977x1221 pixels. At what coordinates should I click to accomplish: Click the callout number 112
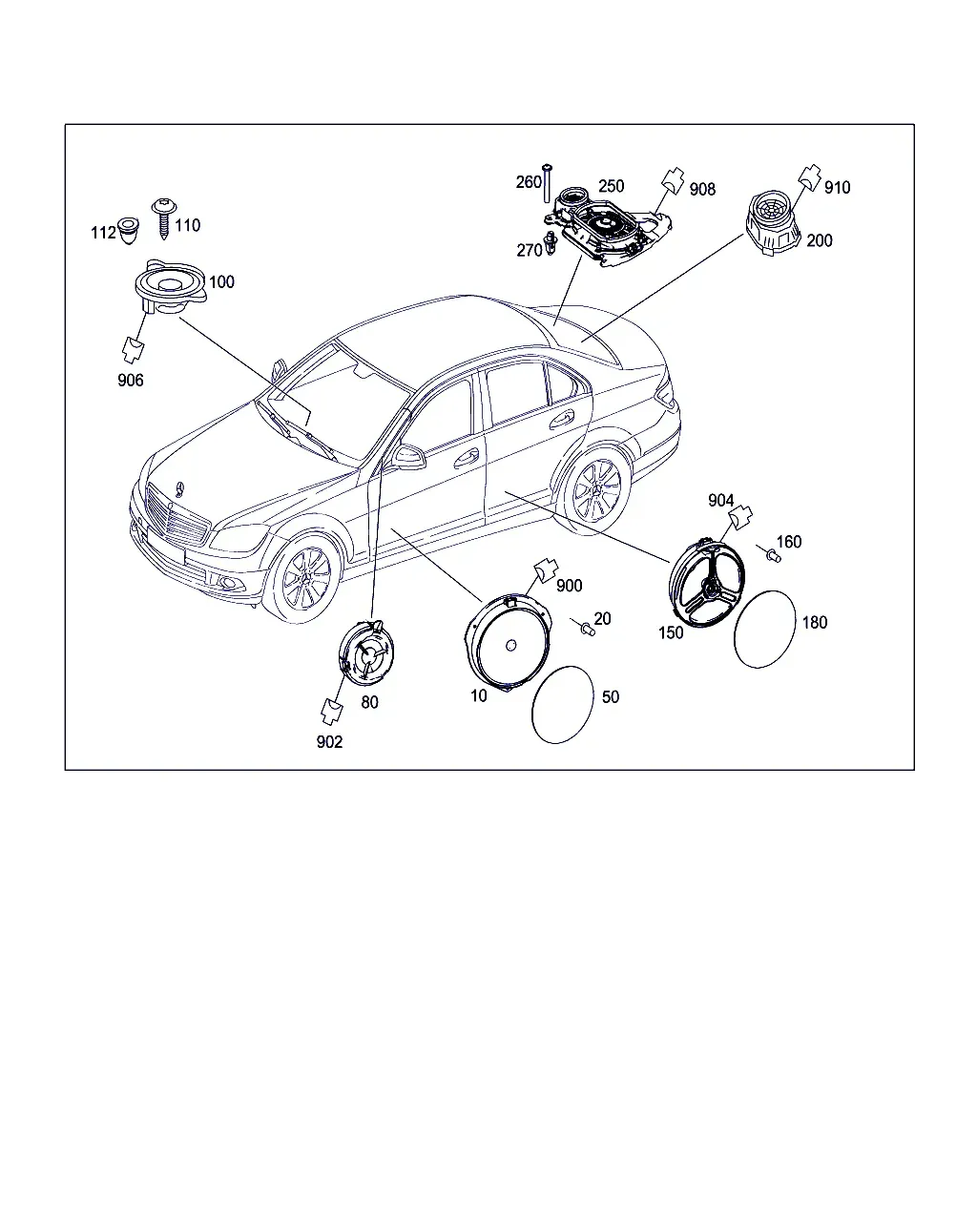coord(103,233)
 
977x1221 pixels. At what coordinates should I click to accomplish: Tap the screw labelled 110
coord(164,218)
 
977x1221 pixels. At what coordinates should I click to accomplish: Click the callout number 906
coord(130,381)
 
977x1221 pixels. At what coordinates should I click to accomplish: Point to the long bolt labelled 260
coord(548,183)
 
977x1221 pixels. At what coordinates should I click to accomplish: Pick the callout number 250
coord(611,186)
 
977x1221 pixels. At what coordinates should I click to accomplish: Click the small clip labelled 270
coord(551,243)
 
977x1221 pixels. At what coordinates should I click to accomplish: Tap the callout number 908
coord(702,190)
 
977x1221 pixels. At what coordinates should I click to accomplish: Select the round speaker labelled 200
coord(773,224)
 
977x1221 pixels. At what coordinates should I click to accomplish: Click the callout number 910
coord(837,187)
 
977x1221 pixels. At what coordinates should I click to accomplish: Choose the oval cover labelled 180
coord(764,630)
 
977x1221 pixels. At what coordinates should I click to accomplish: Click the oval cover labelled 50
coord(563,705)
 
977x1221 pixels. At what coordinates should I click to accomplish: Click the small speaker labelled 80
coord(366,653)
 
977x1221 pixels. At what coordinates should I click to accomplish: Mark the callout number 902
coord(329,742)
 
